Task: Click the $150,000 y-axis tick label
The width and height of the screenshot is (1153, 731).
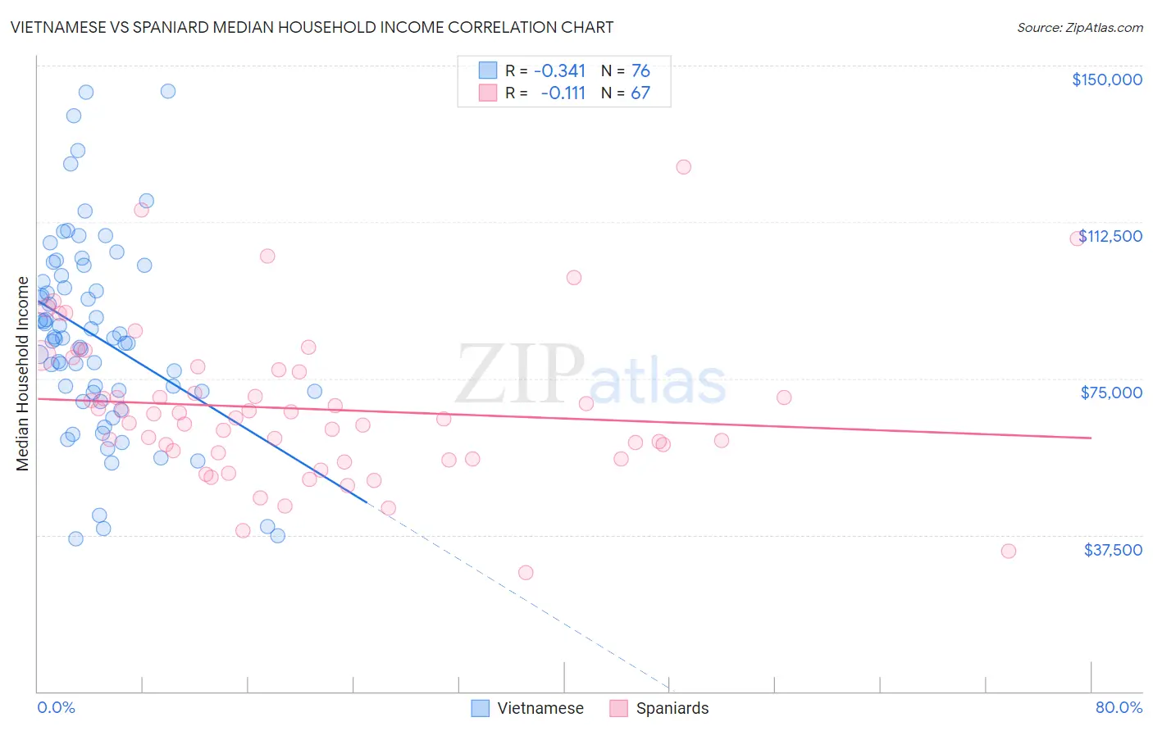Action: click(1106, 79)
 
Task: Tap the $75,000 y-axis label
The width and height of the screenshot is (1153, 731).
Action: click(1111, 393)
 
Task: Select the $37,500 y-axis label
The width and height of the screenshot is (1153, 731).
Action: click(1113, 550)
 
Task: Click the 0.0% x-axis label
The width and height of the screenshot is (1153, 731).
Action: click(56, 707)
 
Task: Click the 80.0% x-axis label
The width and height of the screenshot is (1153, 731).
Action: click(1119, 707)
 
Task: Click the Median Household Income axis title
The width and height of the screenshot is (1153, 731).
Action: click(23, 374)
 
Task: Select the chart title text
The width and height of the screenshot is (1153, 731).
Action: click(312, 27)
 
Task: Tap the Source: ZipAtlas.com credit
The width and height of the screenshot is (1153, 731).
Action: click(1079, 28)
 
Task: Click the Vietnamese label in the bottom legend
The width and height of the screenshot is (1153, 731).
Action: click(540, 708)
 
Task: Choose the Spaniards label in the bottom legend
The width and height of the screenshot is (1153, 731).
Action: click(672, 708)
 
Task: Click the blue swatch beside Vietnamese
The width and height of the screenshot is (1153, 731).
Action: click(481, 708)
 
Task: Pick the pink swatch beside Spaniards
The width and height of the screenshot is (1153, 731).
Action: click(619, 708)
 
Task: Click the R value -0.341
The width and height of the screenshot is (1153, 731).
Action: click(559, 70)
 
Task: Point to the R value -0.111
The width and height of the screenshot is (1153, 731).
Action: click(563, 93)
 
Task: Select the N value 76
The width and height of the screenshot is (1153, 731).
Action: click(640, 70)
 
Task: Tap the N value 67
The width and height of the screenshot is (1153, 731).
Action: click(640, 93)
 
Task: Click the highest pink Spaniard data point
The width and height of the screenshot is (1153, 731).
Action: click(683, 167)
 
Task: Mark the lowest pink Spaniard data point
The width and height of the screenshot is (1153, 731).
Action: click(526, 573)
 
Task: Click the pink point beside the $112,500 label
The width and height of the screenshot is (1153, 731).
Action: click(1077, 239)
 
